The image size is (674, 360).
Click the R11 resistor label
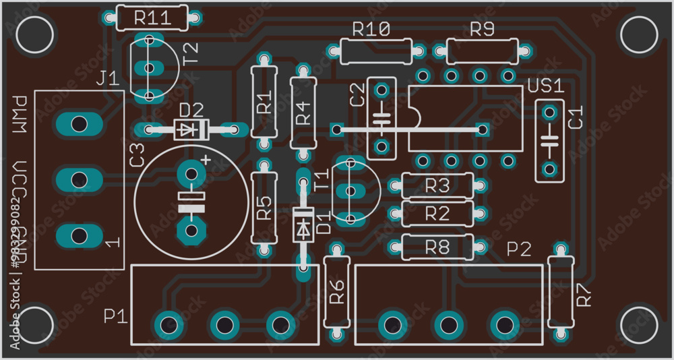point(152,18)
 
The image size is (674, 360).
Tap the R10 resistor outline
point(375,51)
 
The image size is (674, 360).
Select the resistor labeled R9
point(482,51)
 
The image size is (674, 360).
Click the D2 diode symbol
point(191,129)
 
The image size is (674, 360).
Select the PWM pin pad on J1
point(79,124)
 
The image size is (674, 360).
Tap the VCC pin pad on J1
point(79,180)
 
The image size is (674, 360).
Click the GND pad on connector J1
point(79,235)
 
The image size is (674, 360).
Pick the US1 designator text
point(545,86)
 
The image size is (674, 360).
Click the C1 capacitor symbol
point(550,141)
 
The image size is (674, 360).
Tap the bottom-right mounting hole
point(638,326)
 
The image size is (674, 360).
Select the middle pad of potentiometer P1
point(224,325)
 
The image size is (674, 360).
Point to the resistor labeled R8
point(437,247)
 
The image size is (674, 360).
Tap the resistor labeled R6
point(336,292)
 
